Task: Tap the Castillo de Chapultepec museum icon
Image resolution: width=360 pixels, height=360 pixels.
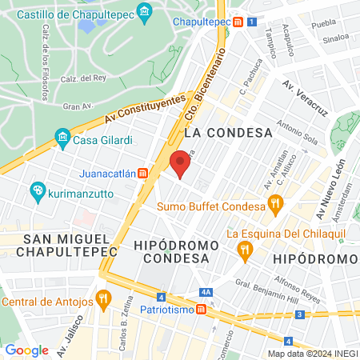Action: click(145, 13)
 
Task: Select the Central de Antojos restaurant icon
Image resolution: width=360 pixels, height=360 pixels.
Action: click(102, 301)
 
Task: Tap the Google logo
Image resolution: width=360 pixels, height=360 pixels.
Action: click(26, 350)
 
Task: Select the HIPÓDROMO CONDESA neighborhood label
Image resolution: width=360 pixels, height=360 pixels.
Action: click(176, 252)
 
